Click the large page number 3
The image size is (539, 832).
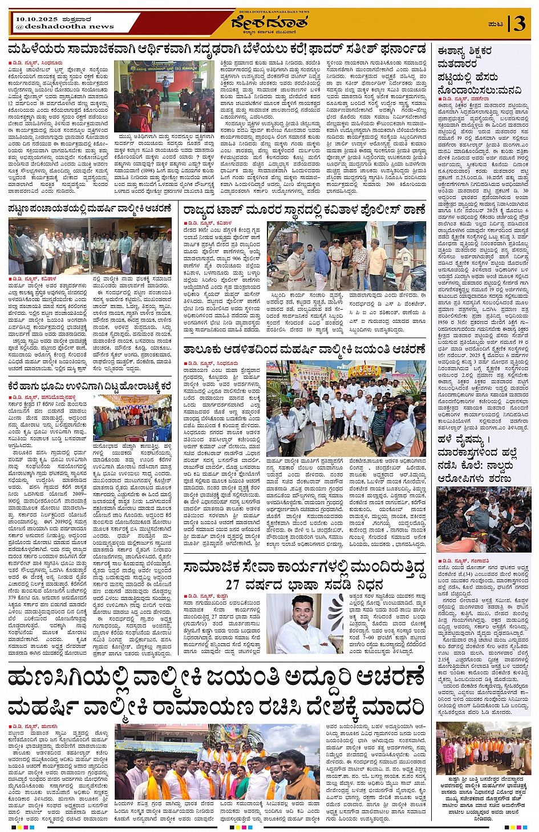519,24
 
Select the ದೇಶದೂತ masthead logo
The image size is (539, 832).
269,22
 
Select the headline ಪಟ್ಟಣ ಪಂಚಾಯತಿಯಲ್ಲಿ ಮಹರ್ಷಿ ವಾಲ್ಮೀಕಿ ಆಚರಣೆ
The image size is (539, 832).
90,209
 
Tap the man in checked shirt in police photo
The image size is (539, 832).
359,262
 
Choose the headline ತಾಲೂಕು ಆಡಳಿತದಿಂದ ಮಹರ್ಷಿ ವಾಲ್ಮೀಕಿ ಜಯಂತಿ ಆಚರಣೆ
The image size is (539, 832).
305,349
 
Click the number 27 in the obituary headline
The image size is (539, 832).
232,585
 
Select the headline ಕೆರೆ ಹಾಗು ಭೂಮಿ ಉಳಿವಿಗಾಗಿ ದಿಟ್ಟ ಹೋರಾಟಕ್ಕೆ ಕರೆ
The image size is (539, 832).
90,386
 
